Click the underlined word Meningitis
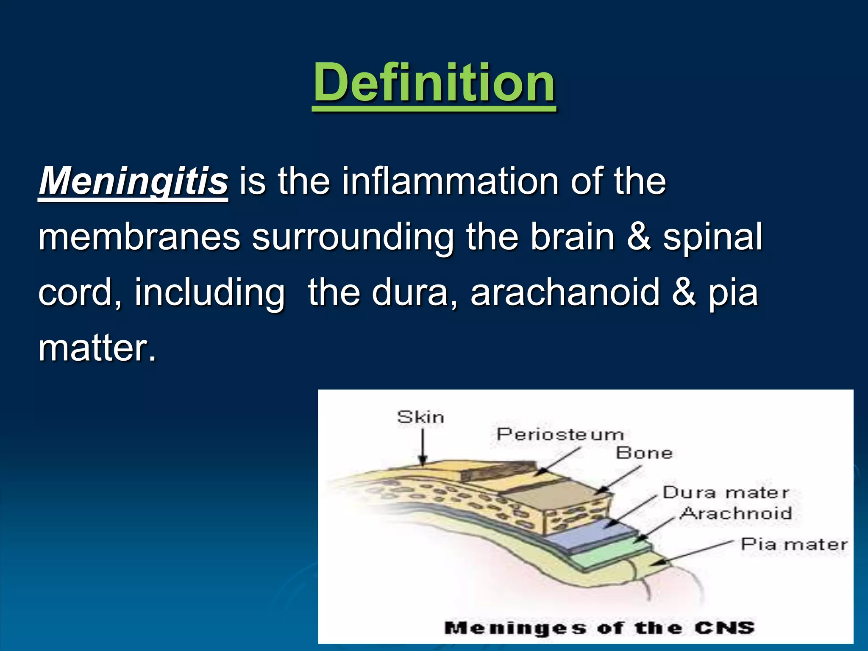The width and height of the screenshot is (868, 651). pyautogui.click(x=134, y=181)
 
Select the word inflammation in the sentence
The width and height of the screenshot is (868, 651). pyautogui.click(x=450, y=181)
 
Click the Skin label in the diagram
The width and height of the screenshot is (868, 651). pyautogui.click(x=420, y=417)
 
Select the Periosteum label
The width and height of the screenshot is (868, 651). pyautogui.click(x=560, y=435)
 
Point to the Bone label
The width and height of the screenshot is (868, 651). pyautogui.click(x=644, y=453)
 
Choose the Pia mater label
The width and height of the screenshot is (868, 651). pyautogui.click(x=794, y=544)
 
